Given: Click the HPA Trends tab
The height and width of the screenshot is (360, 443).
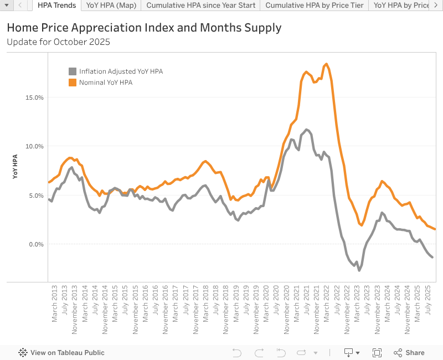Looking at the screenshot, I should [57, 6].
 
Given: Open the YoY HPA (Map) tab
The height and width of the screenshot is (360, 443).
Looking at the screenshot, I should [111, 6].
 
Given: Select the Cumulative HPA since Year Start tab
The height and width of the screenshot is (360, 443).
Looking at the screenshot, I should [201, 6].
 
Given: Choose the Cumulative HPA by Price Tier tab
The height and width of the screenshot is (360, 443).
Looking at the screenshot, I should [315, 6].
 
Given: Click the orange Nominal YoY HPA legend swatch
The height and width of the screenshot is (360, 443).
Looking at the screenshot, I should [72, 83].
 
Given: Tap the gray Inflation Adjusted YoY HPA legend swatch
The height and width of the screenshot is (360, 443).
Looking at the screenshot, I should [72, 71].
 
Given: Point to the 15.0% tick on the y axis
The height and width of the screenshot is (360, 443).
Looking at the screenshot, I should [35, 97].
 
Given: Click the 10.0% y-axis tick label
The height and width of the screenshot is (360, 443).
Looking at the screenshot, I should [35, 146].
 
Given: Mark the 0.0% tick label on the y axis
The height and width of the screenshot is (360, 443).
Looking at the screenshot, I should [37, 244].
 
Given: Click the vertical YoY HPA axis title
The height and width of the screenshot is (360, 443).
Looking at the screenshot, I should [15, 167].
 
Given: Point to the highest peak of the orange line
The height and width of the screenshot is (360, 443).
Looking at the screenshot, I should [326, 64].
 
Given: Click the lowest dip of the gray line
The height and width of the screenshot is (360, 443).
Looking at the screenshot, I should [359, 270].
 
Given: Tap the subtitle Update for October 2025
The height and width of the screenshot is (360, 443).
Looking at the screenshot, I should [58, 42].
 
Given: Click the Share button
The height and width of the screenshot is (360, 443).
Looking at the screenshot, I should [409, 353].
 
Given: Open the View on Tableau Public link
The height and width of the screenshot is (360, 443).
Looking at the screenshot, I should [61, 353].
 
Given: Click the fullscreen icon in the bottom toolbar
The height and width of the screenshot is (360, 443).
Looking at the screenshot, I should [377, 353].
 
